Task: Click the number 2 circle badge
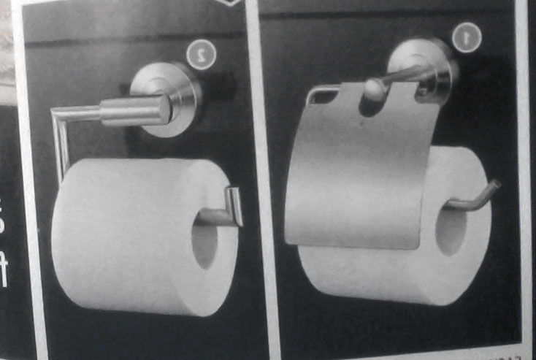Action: (x=201, y=54)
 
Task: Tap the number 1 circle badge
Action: (x=466, y=37)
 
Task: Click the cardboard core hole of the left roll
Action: (x=204, y=239)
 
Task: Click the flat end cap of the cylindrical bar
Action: (x=166, y=110)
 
